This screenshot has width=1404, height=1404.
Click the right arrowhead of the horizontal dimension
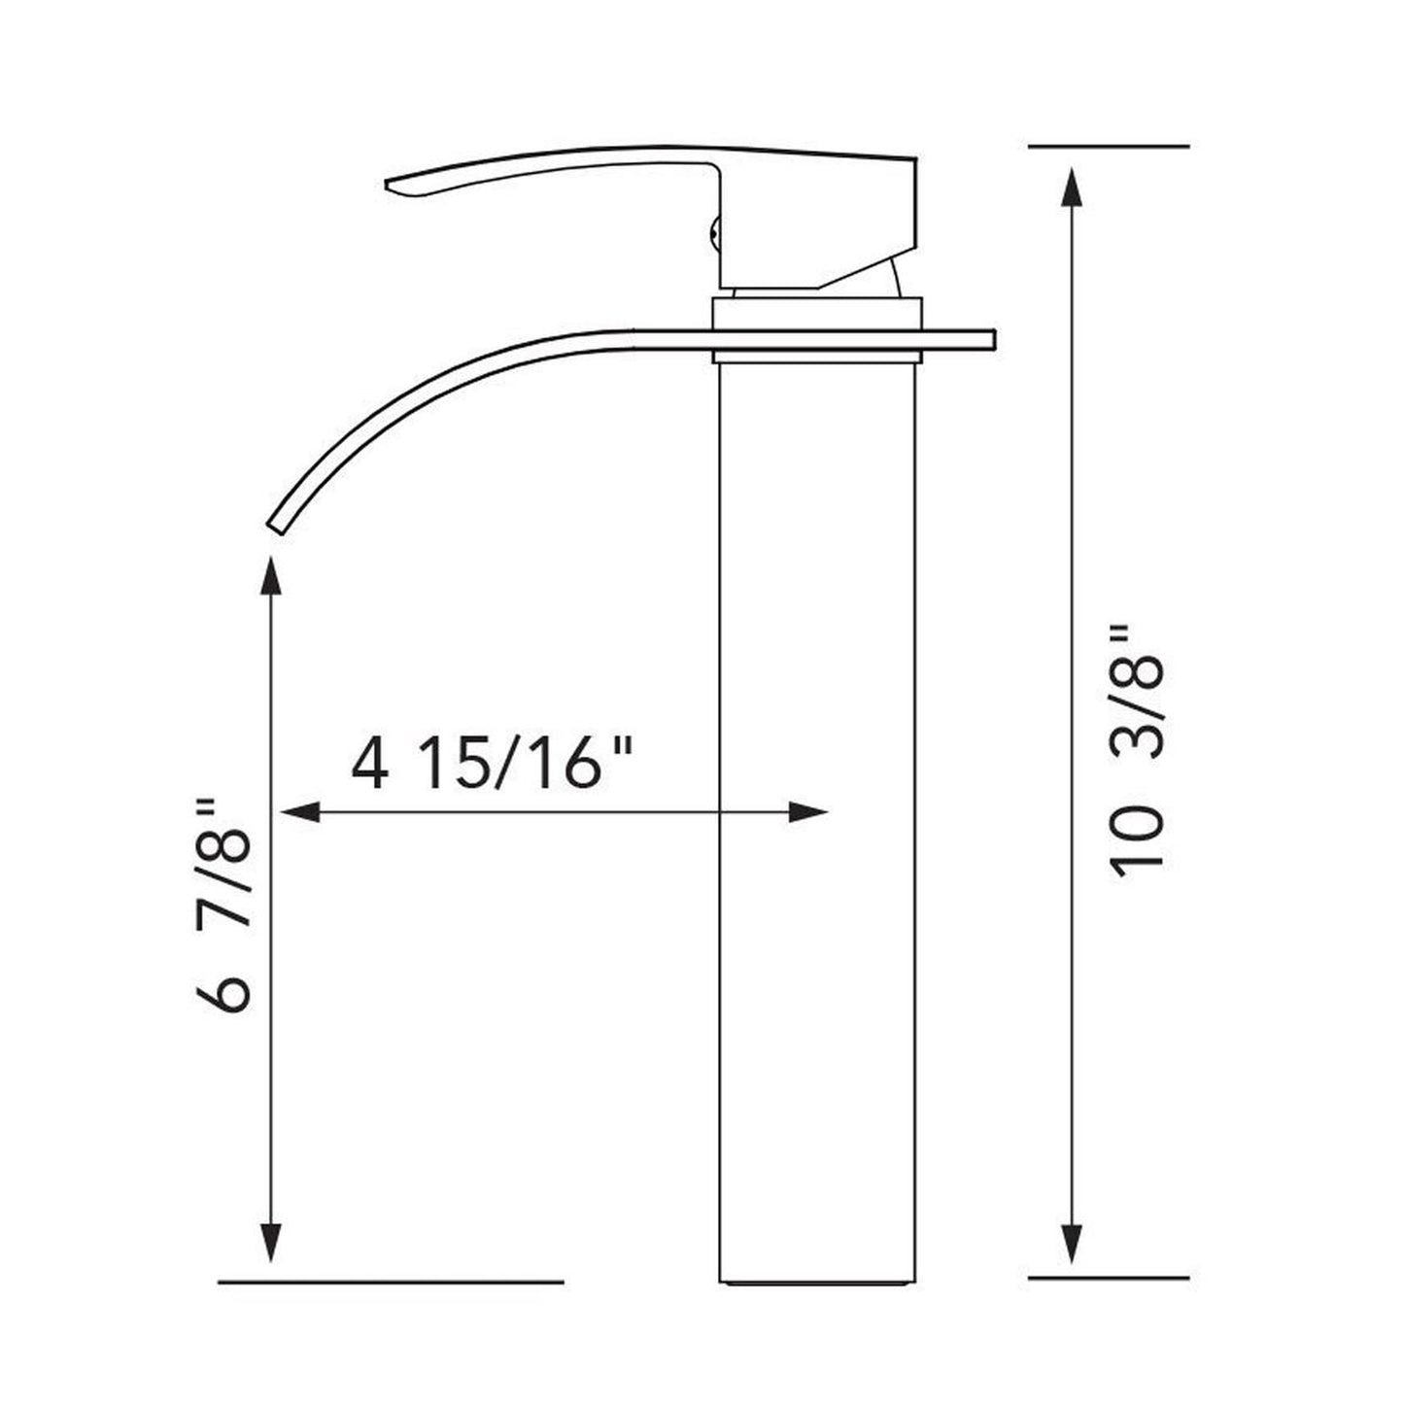click(x=807, y=811)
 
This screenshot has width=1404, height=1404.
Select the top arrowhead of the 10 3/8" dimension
click(x=1072, y=185)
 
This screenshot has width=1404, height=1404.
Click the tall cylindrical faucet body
click(x=816, y=826)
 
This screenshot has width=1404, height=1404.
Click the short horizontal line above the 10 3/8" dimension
click(x=1108, y=146)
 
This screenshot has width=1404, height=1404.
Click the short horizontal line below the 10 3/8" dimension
click(x=1108, y=1277)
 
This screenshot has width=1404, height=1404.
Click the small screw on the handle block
click(x=715, y=233)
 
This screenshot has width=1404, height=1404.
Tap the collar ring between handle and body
click(x=816, y=316)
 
